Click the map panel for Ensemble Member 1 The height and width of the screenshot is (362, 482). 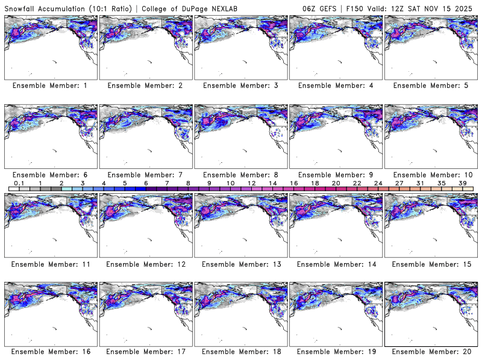pos(49,48)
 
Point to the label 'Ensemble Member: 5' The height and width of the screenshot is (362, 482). pos(430,86)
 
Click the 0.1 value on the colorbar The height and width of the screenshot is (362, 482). pos(19,183)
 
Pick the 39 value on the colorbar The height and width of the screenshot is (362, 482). pos(462,183)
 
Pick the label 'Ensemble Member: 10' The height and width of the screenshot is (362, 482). pos(430,175)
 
